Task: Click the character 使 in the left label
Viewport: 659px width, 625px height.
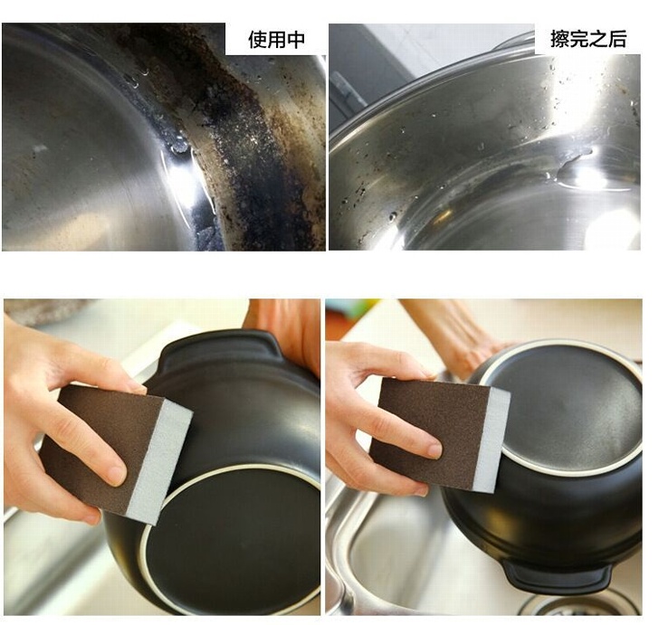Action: point(257,40)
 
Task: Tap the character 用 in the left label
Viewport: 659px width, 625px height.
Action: point(277,40)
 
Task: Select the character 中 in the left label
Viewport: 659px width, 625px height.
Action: point(296,40)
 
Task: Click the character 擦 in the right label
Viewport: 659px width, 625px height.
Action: point(559,39)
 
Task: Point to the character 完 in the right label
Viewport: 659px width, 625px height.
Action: point(579,39)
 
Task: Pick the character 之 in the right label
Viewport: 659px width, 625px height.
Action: point(598,39)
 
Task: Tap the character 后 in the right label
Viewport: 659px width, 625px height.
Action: point(617,39)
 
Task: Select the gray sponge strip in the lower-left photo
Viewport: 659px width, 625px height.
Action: point(160,462)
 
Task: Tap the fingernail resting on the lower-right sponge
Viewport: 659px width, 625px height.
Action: point(435,450)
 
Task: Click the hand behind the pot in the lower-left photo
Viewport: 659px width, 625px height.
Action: point(290,327)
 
